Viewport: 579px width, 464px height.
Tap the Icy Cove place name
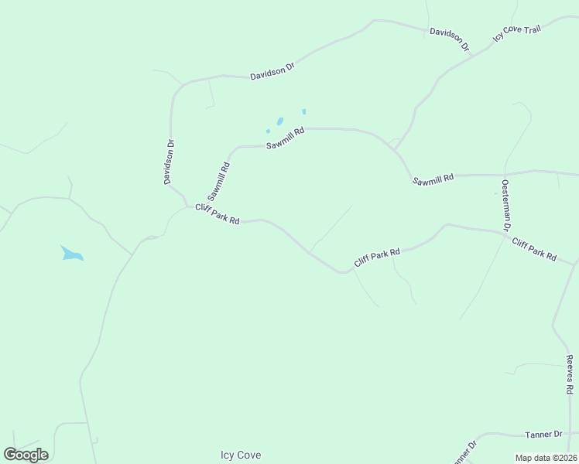click(x=241, y=455)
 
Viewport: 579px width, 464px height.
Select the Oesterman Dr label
click(x=505, y=205)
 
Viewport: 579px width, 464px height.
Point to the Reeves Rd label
click(x=570, y=374)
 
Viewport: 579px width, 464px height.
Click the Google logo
click(x=26, y=455)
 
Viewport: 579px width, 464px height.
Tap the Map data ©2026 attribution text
click(x=546, y=458)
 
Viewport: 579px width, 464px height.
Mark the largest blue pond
click(x=70, y=254)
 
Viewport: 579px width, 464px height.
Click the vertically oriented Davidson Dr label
click(x=169, y=162)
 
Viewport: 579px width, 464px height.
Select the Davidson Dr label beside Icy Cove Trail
click(x=450, y=39)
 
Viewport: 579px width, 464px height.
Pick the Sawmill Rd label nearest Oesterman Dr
click(x=433, y=179)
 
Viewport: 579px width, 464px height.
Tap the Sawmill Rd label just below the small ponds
click(x=285, y=138)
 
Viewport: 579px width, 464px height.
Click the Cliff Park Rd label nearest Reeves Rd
click(x=534, y=249)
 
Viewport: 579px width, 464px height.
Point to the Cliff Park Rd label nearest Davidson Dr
click(x=217, y=213)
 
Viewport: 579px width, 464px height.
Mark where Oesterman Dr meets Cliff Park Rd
click(x=507, y=230)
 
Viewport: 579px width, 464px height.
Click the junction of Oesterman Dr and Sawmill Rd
click(x=505, y=174)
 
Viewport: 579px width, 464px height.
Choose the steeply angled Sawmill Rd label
click(x=219, y=180)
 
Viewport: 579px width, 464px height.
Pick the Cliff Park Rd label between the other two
click(x=377, y=258)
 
